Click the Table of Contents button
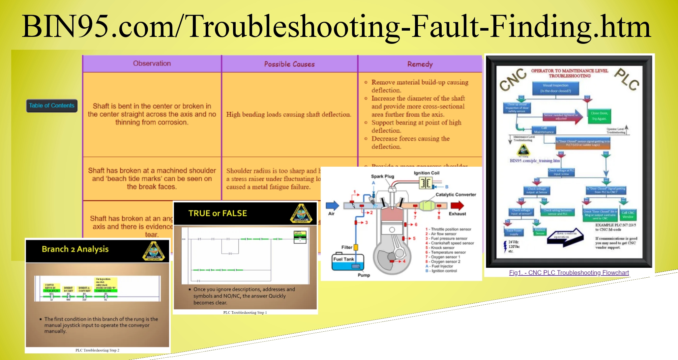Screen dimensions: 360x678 pos(52,106)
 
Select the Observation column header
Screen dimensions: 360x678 pos(152,64)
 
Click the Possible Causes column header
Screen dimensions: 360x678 pos(289,64)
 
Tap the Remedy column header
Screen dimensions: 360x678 pos(420,64)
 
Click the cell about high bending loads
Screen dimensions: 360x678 pos(288,115)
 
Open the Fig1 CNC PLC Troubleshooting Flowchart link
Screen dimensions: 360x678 pos(569,273)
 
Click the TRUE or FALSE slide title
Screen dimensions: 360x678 pos(218,213)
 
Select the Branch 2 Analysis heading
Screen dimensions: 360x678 pos(75,249)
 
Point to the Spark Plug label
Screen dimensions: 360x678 pos(382,176)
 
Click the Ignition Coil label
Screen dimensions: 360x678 pos(427,173)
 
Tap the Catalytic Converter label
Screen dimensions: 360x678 pos(456,195)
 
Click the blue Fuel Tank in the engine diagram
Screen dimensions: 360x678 pos(347,263)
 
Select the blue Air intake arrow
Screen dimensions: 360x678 pos(332,206)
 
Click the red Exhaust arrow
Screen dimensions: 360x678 pos(457,206)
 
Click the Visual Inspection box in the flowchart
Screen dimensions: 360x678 pos(555,88)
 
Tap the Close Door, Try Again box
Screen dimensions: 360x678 pos(599,116)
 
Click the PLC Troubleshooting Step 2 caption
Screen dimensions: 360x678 pos(97,350)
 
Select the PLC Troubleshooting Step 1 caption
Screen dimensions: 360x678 pos(245,312)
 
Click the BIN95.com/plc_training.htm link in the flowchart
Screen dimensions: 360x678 pos(535,161)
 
